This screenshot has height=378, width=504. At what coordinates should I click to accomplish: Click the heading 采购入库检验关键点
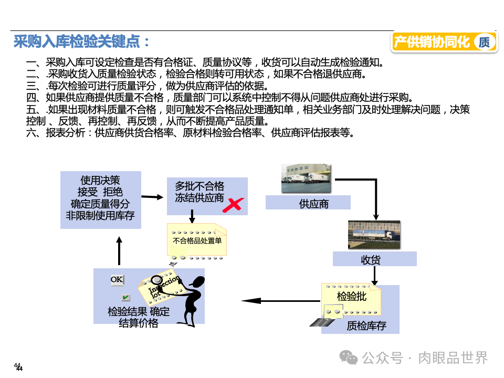[81, 41]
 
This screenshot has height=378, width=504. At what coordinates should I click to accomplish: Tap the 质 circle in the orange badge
[484, 43]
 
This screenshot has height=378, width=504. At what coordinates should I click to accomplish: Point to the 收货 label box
[374, 259]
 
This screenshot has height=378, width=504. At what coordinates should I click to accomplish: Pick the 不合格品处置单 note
[197, 241]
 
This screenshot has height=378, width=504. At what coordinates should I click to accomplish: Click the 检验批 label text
[351, 296]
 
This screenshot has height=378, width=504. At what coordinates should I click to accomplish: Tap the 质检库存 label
[366, 325]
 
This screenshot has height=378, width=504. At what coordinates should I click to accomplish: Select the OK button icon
[117, 280]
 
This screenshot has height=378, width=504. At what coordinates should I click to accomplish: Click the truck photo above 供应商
[306, 178]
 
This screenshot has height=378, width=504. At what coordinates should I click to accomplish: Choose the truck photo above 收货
[375, 234]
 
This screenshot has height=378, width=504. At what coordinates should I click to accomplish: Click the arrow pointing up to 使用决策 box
[119, 250]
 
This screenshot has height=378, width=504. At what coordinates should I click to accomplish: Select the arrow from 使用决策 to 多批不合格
[153, 197]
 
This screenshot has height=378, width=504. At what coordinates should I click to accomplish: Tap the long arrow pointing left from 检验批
[281, 301]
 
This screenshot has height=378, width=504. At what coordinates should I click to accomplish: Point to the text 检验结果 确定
[139, 311]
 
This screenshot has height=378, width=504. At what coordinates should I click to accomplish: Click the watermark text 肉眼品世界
[453, 358]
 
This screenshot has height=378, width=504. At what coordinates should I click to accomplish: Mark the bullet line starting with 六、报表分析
[189, 132]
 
